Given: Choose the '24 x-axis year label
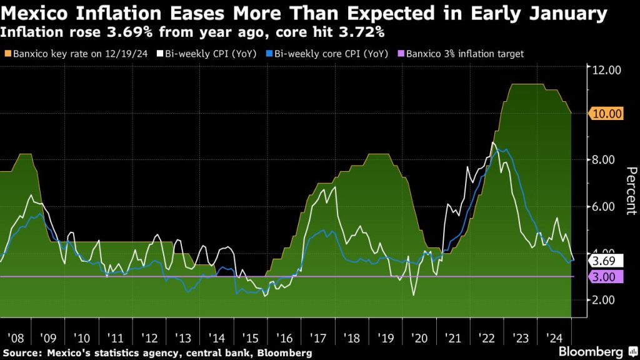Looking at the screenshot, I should (x=553, y=338).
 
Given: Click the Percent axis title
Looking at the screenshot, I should (x=631, y=191).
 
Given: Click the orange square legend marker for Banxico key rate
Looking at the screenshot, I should (x=7, y=54).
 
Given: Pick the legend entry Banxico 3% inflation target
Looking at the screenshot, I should (x=465, y=54).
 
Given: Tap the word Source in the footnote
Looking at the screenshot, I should (x=22, y=353).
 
